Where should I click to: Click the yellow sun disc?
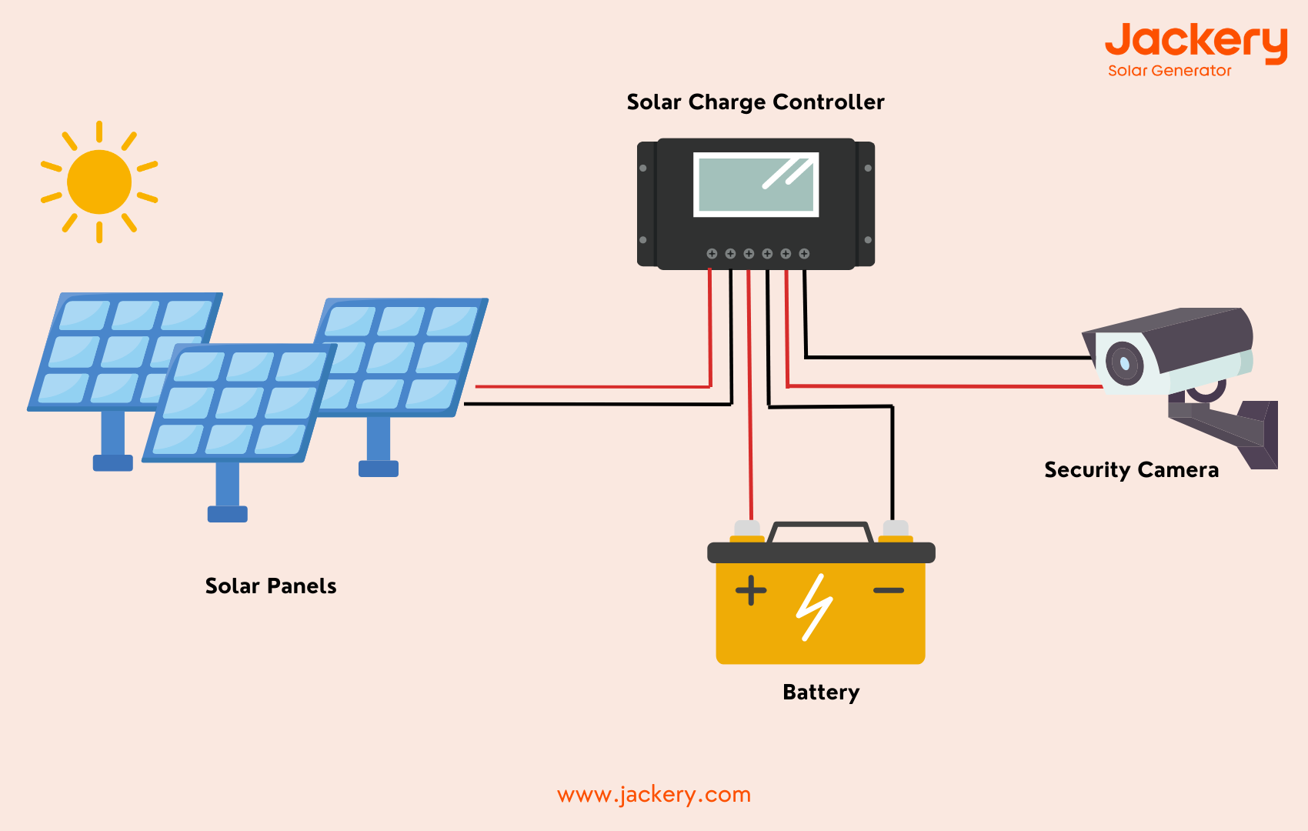click(99, 182)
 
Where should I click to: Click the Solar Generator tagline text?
click(1170, 71)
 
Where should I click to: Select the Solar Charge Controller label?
click(756, 102)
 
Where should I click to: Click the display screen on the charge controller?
click(756, 185)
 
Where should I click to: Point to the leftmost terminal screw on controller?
click(712, 254)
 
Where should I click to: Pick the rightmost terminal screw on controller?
click(804, 254)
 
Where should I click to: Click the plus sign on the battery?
click(751, 591)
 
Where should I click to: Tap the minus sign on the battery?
click(889, 591)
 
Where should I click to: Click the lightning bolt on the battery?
click(814, 607)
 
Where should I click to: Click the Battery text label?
click(820, 692)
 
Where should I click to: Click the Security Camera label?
click(1131, 470)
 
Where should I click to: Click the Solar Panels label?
click(271, 586)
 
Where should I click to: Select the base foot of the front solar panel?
click(228, 514)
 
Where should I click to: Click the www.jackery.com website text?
click(654, 794)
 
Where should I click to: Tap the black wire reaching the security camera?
click(946, 357)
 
